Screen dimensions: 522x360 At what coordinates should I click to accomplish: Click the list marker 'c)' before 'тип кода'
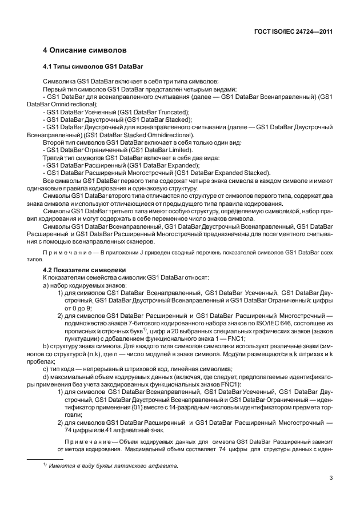46,369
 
